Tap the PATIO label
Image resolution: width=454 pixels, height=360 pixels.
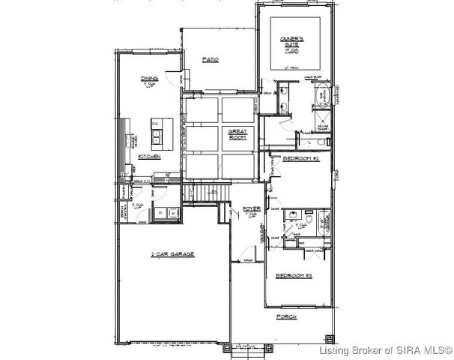[x=211, y=60]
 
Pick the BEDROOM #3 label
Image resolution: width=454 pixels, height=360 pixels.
[x=294, y=276]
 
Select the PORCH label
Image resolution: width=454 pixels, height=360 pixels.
[x=286, y=317]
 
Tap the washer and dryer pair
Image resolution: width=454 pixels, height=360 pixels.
[x=165, y=213]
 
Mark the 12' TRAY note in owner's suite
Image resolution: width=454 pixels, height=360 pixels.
[x=290, y=67]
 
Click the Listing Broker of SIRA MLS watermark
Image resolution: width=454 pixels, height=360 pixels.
[x=384, y=350]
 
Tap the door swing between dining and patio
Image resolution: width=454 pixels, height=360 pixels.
[x=173, y=81]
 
